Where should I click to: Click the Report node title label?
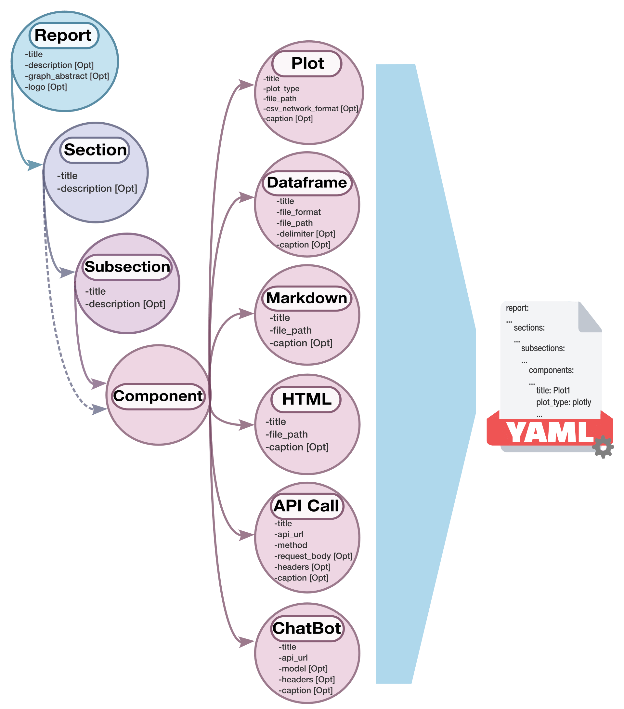(63, 35)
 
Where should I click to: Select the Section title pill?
(95, 150)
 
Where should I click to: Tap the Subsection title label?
(127, 267)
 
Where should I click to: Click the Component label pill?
(158, 396)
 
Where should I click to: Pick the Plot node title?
(307, 63)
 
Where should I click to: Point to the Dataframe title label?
(307, 182)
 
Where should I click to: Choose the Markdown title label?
(306, 298)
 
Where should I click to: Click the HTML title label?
(306, 399)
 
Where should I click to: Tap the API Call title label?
(306, 506)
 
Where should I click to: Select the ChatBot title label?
(307, 629)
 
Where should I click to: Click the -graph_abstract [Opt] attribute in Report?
(67, 76)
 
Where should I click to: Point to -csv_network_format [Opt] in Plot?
(311, 109)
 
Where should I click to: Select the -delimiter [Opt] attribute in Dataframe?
(305, 234)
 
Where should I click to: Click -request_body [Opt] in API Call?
(313, 556)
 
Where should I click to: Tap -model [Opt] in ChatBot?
(303, 668)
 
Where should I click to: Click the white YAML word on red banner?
(549, 433)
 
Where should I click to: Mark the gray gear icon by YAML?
(603, 447)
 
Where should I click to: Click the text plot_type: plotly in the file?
(563, 402)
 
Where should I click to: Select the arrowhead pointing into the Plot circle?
(247, 85)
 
